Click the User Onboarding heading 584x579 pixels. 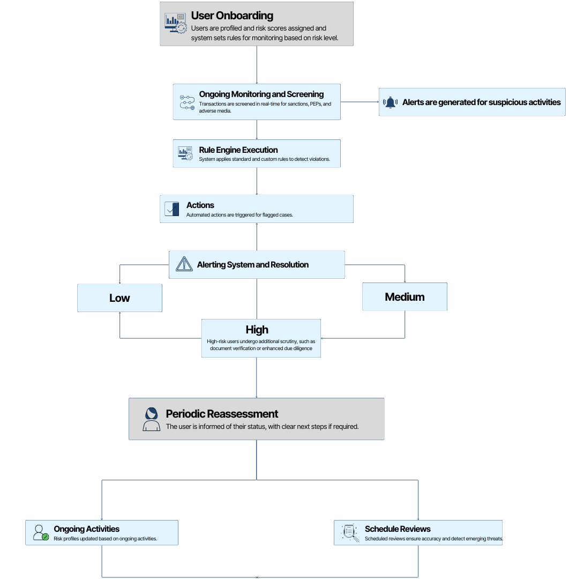point(232,16)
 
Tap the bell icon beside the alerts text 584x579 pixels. point(391,102)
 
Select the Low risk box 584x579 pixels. point(119,298)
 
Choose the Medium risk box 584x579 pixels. point(405,296)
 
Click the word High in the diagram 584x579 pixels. point(257,330)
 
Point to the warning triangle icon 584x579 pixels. point(184,264)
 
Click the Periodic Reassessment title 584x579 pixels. point(222,414)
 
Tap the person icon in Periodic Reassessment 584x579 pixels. point(151,419)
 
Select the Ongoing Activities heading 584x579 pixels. point(87,529)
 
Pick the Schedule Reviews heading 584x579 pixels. point(398,529)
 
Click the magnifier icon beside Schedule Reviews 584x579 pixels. point(350,533)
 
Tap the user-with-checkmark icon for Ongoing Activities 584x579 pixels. point(41,533)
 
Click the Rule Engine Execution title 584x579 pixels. point(238,150)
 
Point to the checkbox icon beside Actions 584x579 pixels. point(171,209)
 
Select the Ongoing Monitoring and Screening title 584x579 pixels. point(261,94)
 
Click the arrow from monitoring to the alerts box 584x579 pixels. point(360,102)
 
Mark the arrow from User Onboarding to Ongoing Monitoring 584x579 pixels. point(257,65)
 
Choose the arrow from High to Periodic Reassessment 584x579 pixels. point(257,378)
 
